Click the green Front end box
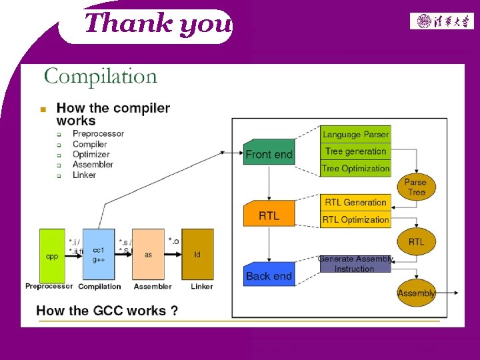click(x=269, y=153)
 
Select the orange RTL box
click(x=269, y=215)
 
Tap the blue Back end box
click(x=269, y=275)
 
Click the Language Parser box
click(x=355, y=134)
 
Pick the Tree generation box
click(x=355, y=151)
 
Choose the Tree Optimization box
click(x=355, y=169)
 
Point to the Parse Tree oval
click(x=416, y=187)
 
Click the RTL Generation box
click(x=355, y=202)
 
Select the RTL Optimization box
click(x=355, y=219)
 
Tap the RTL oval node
click(x=416, y=241)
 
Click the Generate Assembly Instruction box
click(x=355, y=264)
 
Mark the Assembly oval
click(x=416, y=293)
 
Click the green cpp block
click(x=52, y=255)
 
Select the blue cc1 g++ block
click(x=99, y=255)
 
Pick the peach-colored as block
click(x=148, y=255)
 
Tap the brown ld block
click(x=197, y=255)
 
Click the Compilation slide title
click(x=101, y=76)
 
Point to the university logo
click(x=442, y=21)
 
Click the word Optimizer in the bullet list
click(x=91, y=154)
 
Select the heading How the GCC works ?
click(x=107, y=310)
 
